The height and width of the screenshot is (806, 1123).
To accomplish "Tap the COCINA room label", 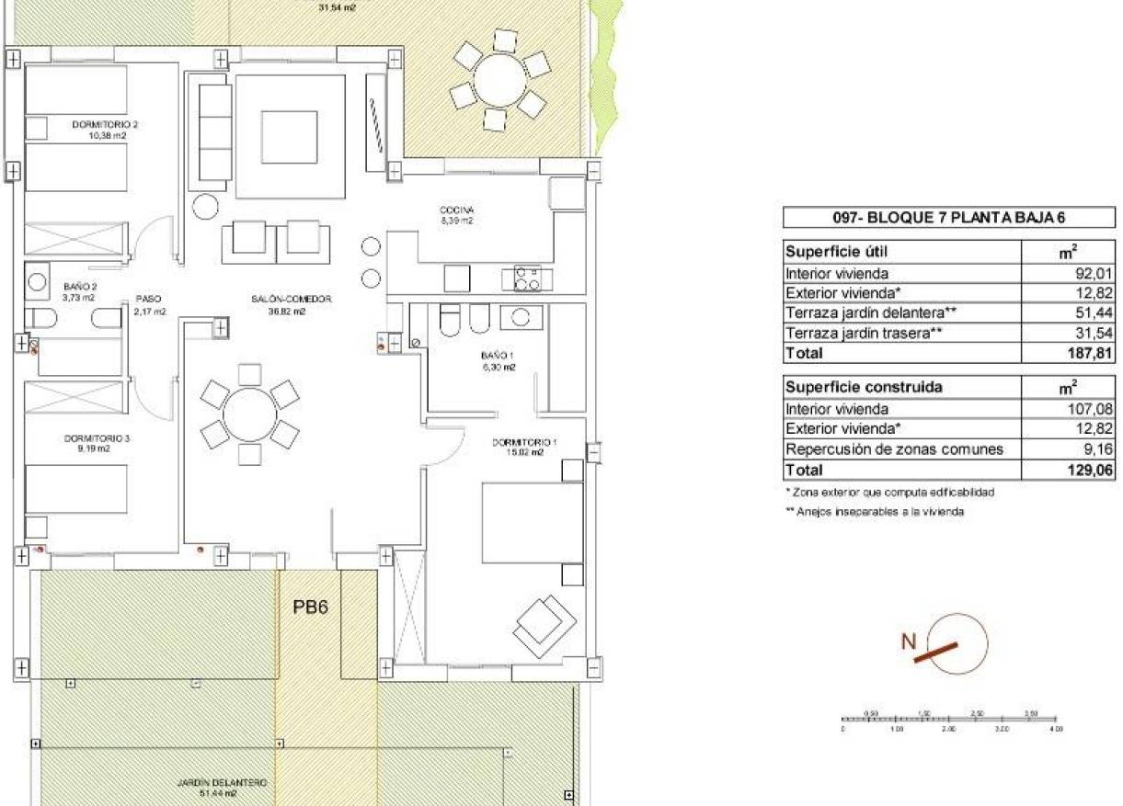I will pyautogui.click(x=455, y=210).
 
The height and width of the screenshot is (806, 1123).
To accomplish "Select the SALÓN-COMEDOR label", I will pyautogui.click(x=291, y=299).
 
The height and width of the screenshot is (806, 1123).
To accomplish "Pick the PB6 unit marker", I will pyautogui.click(x=311, y=607).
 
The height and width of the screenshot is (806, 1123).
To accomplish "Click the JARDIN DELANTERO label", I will pyautogui.click(x=222, y=783).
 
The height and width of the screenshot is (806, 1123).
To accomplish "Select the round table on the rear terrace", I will pyautogui.click(x=498, y=81).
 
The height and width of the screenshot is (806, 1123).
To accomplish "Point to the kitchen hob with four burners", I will pyautogui.click(x=526, y=278).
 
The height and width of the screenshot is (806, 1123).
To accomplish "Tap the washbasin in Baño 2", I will pyautogui.click(x=39, y=281).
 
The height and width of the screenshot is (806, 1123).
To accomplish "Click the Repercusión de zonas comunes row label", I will pyautogui.click(x=893, y=449).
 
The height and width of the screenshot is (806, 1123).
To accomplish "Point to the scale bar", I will pyautogui.click(x=949, y=721).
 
